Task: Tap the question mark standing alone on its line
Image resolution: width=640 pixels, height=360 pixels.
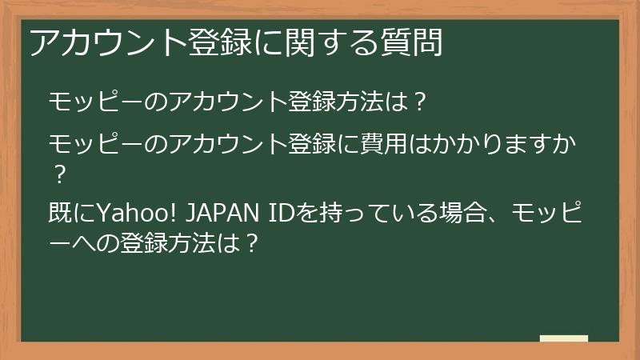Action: [57, 172]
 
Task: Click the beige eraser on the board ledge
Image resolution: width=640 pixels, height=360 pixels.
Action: [564, 338]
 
